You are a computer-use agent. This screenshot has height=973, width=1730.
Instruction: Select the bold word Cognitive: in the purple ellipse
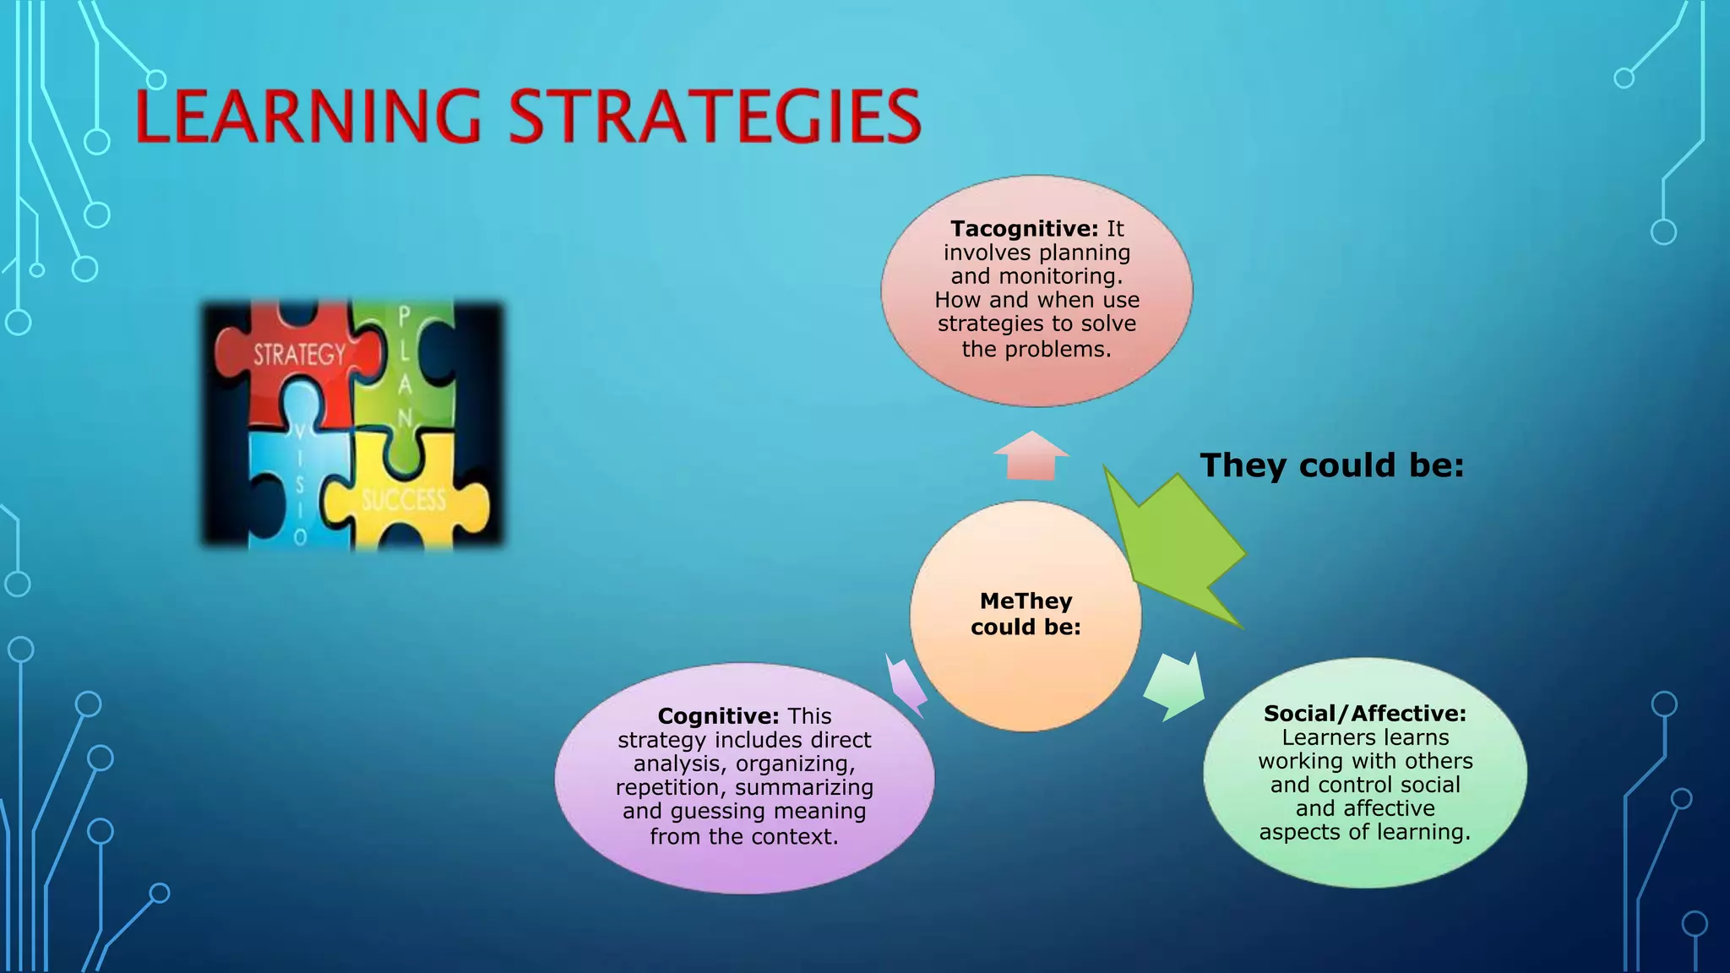click(718, 716)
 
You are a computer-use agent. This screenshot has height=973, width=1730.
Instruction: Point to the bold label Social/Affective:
click(1365, 714)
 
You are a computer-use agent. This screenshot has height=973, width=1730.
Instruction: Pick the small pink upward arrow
click(1031, 456)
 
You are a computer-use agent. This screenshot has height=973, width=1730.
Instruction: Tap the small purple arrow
click(906, 685)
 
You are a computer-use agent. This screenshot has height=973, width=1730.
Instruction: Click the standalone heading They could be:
click(1332, 465)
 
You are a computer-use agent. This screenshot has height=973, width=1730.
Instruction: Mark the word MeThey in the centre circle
click(1025, 601)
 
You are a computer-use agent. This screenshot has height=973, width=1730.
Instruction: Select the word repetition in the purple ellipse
click(671, 787)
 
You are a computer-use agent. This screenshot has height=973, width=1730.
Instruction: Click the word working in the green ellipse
click(1298, 761)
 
